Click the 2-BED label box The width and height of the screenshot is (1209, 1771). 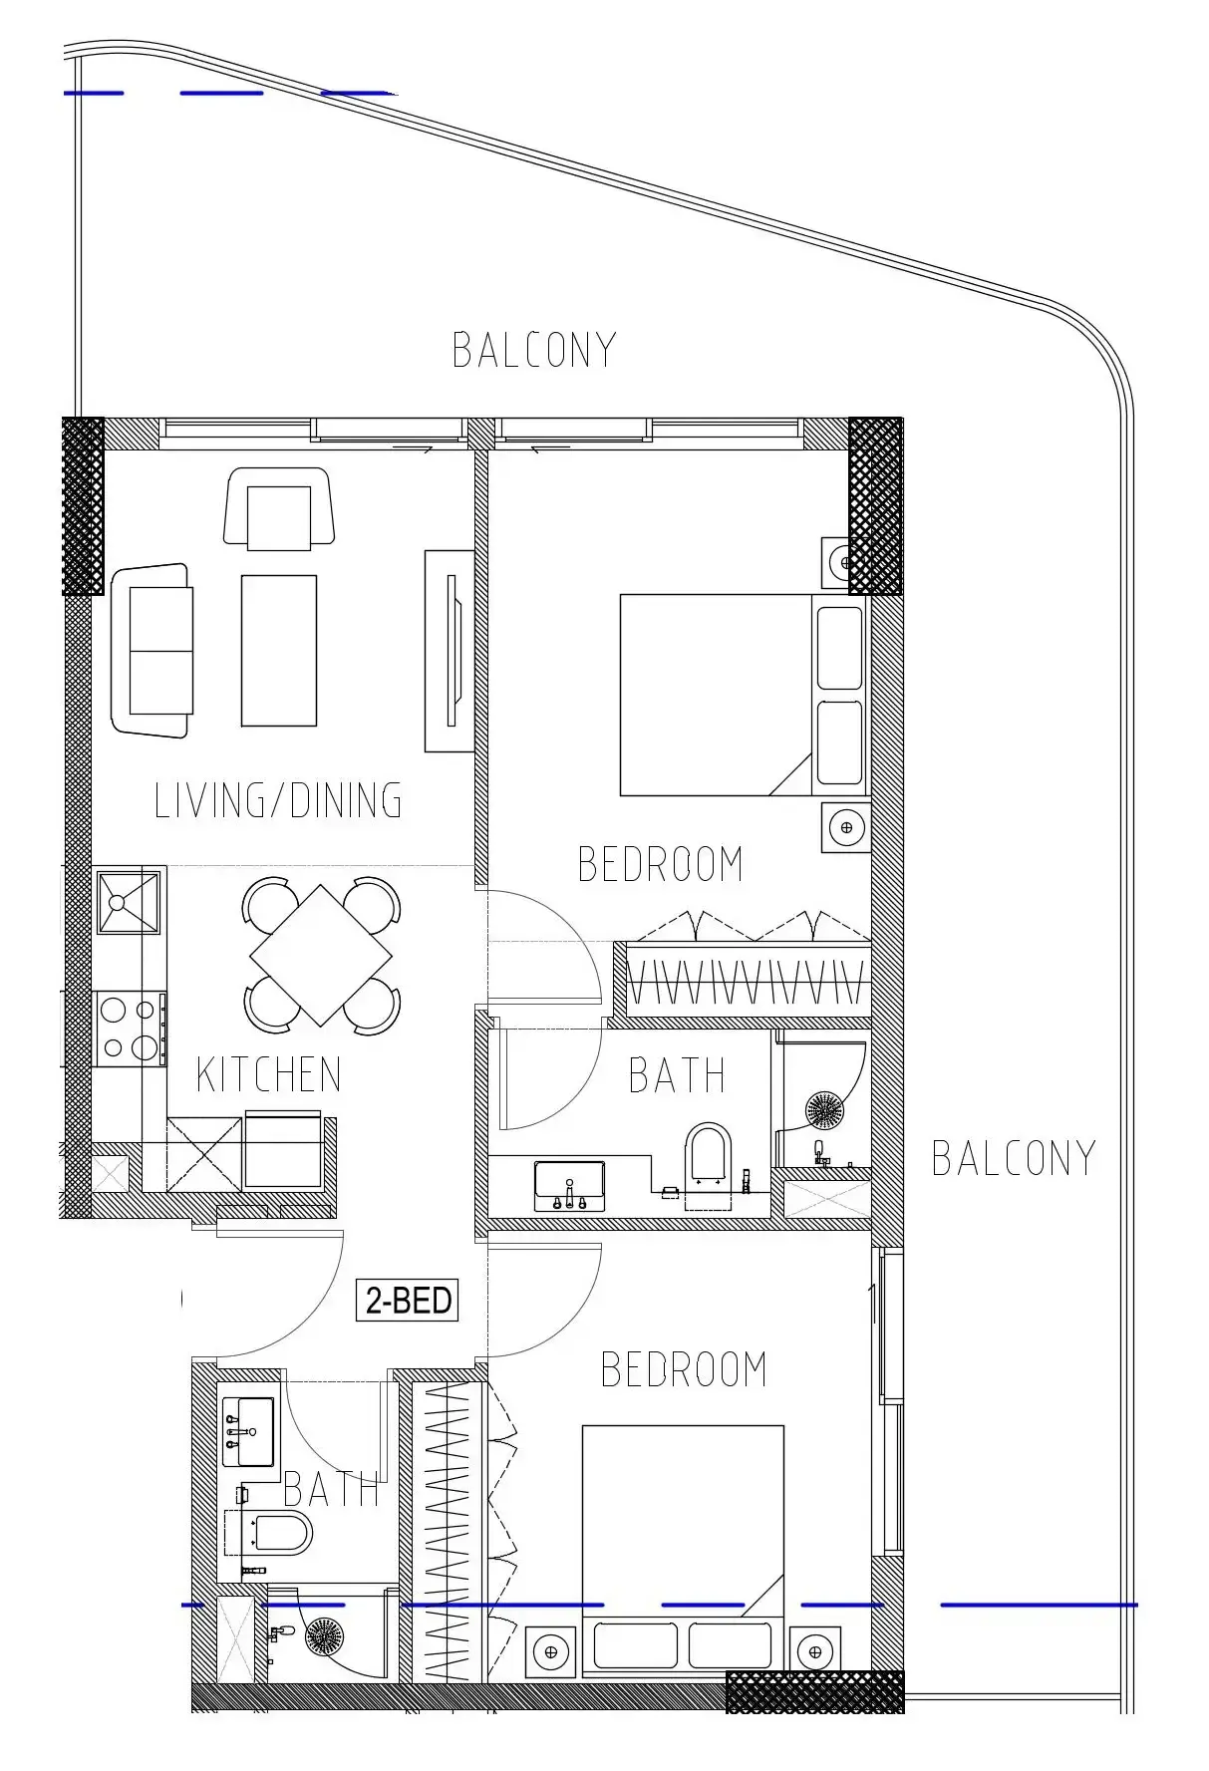click(x=407, y=1300)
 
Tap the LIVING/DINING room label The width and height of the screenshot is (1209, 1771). click(x=278, y=800)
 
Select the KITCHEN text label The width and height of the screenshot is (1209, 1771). click(x=269, y=1074)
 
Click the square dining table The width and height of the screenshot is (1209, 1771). click(x=321, y=955)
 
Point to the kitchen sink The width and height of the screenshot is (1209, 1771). click(x=128, y=901)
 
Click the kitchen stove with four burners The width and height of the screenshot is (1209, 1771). click(x=130, y=1029)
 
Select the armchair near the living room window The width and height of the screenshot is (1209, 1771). click(x=279, y=509)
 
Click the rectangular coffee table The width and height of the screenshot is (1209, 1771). click(x=279, y=650)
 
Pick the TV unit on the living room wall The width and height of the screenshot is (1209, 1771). click(x=449, y=651)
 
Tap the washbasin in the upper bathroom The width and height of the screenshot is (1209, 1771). click(x=569, y=1185)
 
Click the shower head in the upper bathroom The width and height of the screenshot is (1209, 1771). click(x=825, y=1108)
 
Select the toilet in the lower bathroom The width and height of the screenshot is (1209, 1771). click(x=271, y=1533)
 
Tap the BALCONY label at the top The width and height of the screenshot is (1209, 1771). click(x=534, y=350)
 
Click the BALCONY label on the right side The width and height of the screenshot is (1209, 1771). click(x=1014, y=1158)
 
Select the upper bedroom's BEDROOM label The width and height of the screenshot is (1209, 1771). click(x=661, y=864)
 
